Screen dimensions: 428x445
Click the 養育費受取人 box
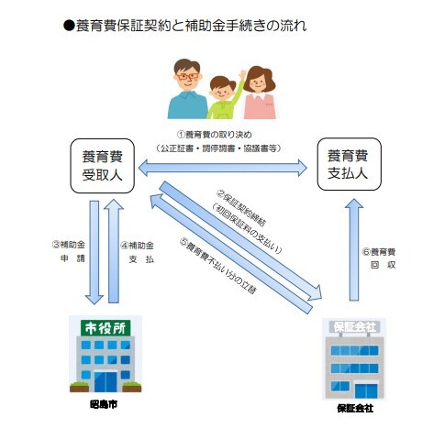[103, 166]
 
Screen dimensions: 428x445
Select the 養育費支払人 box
[347, 166]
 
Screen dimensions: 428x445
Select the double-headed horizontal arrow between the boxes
[224, 167]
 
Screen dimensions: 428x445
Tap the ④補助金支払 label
[138, 252]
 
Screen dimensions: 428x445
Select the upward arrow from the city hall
[113, 252]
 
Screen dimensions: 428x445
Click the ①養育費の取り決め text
[223, 135]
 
